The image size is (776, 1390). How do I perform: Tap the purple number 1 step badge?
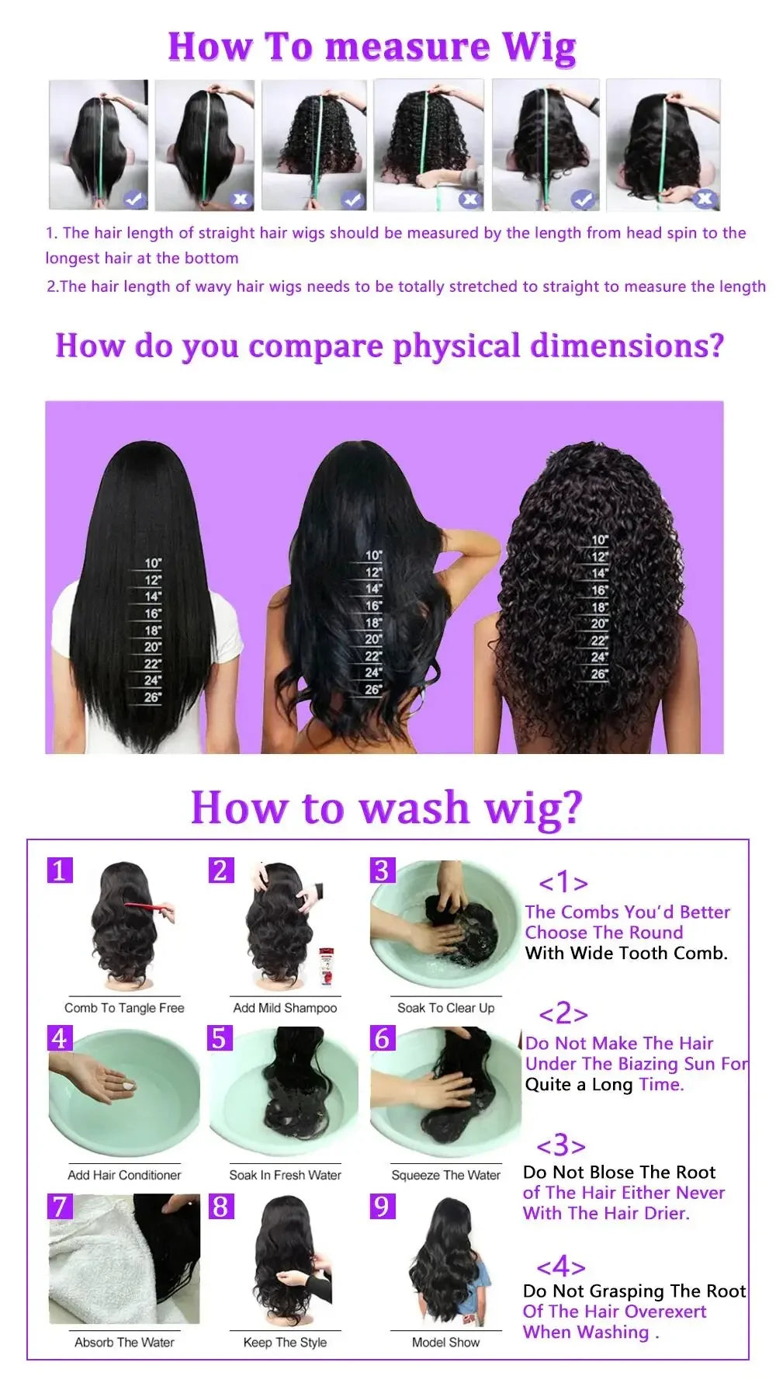[60, 870]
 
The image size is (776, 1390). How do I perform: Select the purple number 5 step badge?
[220, 1037]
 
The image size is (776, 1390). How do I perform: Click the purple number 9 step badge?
[382, 1206]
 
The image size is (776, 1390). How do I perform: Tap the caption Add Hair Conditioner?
[124, 1175]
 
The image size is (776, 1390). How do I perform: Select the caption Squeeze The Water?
[445, 1175]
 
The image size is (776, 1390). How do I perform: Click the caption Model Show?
[445, 1342]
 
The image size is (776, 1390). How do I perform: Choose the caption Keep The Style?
[285, 1342]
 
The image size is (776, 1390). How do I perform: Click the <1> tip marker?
[563, 882]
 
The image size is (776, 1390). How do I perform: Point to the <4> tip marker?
[560, 1267]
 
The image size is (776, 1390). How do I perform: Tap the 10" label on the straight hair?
[153, 563]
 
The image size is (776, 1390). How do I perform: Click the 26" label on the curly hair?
[599, 674]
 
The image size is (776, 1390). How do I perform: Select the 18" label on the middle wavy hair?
[373, 623]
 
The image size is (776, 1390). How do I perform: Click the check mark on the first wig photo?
[134, 200]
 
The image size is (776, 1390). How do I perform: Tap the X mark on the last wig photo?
[704, 200]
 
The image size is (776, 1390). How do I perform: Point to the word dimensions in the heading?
[626, 346]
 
